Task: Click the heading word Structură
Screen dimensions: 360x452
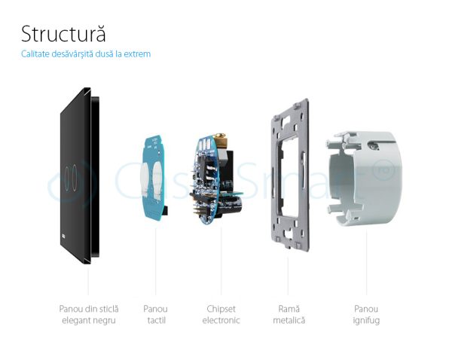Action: [x=63, y=35]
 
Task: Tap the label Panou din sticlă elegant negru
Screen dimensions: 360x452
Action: [x=89, y=314]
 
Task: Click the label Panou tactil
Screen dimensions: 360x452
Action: [x=155, y=314]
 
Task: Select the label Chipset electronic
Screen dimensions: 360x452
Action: [x=223, y=314]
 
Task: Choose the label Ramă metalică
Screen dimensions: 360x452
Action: [x=289, y=314]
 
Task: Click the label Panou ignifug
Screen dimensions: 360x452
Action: [x=367, y=314]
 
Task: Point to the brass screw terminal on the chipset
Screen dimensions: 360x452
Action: [x=221, y=141]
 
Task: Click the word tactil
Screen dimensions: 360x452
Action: [x=155, y=320]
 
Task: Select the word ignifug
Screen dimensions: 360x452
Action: [x=367, y=320]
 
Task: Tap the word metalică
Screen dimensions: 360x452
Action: [x=289, y=320]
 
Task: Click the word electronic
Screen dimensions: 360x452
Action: [x=223, y=320]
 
